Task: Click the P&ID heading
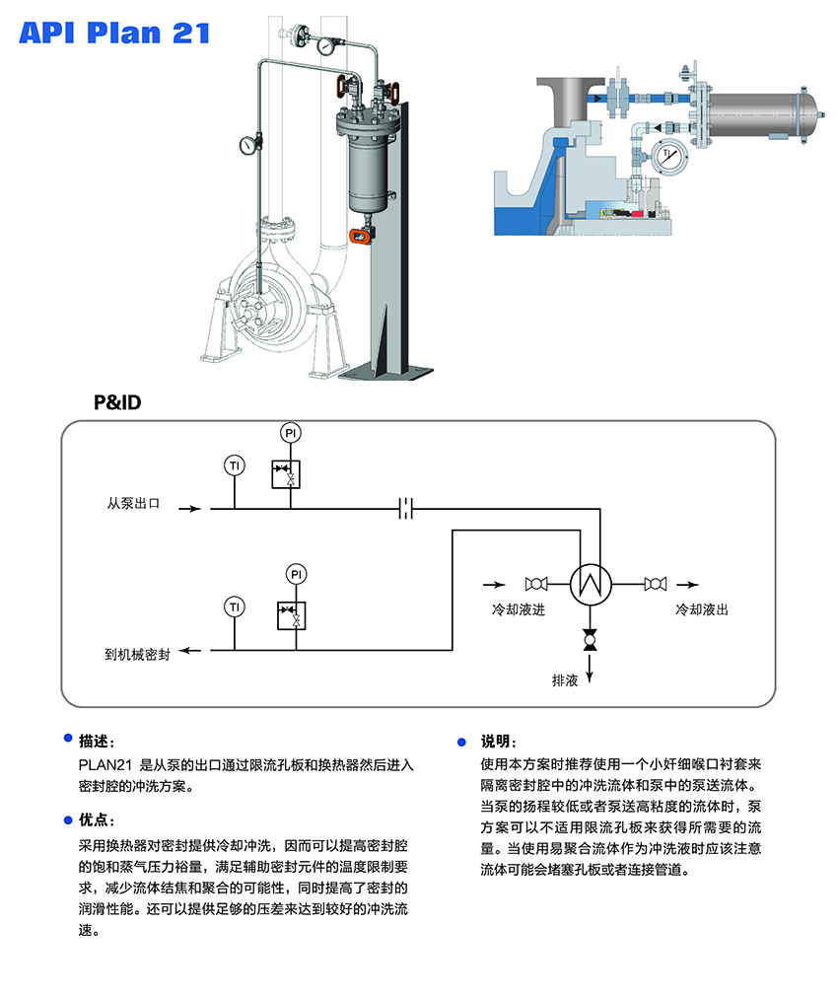[118, 403]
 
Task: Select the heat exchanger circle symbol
[592, 585]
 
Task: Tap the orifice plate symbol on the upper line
[406, 509]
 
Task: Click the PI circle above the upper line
[290, 433]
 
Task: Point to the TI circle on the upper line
[235, 465]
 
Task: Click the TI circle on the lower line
[234, 605]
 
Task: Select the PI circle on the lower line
[296, 573]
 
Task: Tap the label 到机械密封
[137, 653]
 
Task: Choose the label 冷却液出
[702, 610]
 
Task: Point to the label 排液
[565, 680]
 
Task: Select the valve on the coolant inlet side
[537, 585]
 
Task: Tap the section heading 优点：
[98, 820]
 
